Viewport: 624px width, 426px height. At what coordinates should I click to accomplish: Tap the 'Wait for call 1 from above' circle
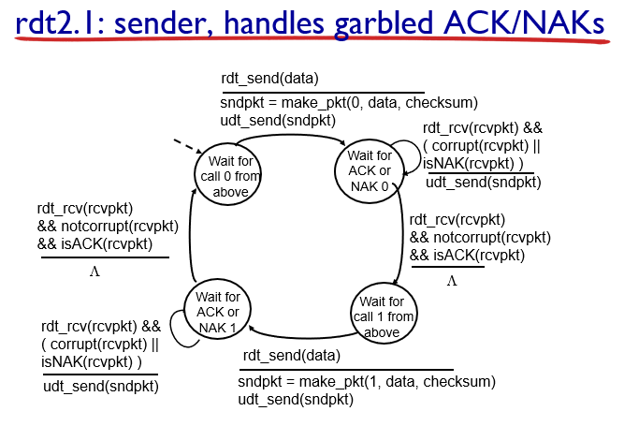[382, 315]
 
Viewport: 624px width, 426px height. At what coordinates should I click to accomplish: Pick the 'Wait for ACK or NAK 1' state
[217, 312]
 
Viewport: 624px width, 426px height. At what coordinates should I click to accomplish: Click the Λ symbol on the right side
[452, 282]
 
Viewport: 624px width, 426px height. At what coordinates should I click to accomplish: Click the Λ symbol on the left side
[94, 272]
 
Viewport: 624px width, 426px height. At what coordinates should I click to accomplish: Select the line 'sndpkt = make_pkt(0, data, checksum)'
[349, 102]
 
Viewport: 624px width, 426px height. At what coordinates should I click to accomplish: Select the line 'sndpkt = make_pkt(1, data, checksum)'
[366, 382]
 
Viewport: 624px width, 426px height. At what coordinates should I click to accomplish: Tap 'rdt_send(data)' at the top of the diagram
[269, 78]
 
